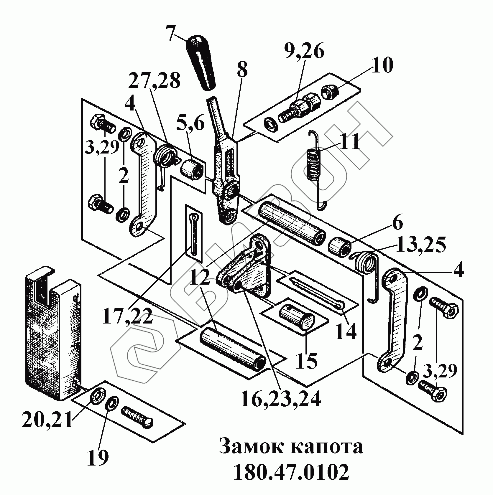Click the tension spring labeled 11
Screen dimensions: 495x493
pyautogui.click(x=314, y=165)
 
